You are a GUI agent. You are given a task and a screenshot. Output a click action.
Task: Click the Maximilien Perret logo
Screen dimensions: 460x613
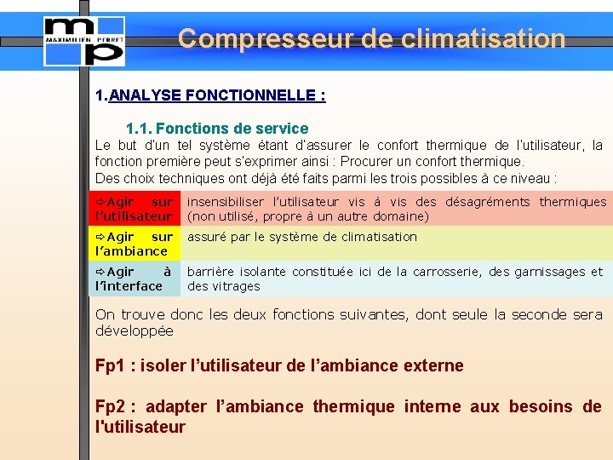tap(84, 39)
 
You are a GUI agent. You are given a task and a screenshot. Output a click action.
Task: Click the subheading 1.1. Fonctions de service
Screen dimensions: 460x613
tap(216, 129)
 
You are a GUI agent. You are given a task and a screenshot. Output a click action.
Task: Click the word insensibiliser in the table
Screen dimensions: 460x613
tap(225, 202)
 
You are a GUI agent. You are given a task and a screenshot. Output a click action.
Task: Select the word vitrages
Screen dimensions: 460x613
tap(237, 286)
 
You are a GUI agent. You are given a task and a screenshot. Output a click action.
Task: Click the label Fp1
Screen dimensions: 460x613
tap(110, 366)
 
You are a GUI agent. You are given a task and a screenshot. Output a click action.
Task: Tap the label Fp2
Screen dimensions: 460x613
tap(110, 406)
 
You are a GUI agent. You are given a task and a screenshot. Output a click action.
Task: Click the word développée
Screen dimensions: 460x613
tap(134, 331)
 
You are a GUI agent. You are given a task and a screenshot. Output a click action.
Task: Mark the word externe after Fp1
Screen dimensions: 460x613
tap(435, 366)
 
